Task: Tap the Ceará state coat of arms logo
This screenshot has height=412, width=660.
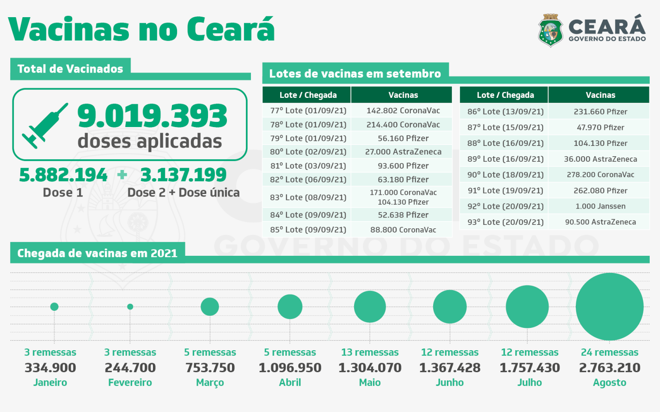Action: (x=550, y=30)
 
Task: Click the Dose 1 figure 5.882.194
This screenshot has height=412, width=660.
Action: (x=63, y=175)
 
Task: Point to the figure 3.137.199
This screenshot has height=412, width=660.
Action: (x=183, y=175)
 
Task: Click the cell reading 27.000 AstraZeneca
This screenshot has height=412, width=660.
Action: (x=403, y=152)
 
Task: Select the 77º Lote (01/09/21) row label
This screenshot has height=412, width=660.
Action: (x=308, y=111)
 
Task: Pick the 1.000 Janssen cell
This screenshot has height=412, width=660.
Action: (x=600, y=206)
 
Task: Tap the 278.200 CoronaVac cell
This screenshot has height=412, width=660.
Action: (x=600, y=175)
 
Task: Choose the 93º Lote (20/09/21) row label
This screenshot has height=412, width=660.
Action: (x=506, y=222)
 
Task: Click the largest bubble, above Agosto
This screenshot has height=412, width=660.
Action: (x=610, y=307)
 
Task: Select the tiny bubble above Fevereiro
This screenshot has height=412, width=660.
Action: (x=130, y=307)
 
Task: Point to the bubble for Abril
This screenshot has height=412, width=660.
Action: (x=290, y=307)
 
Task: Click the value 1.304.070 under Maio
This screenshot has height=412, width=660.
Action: (x=370, y=368)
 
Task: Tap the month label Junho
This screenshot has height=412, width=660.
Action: (x=449, y=382)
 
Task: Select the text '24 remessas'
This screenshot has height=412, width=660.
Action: (x=610, y=352)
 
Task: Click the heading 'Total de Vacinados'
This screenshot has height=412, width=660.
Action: (x=70, y=69)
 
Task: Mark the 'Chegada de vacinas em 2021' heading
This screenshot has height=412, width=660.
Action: (x=97, y=253)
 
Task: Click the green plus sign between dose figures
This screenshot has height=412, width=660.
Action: (x=122, y=175)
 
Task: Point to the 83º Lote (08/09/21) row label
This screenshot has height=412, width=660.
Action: (x=308, y=197)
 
